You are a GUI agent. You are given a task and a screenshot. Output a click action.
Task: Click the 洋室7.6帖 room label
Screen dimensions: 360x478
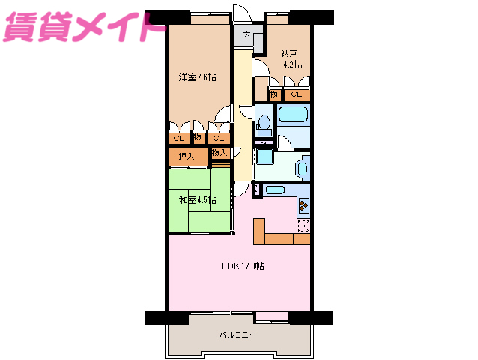(x=197, y=77)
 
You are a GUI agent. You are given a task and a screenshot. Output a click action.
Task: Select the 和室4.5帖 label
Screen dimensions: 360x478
(x=198, y=200)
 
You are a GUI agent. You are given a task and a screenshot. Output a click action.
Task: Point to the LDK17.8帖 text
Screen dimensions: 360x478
(x=243, y=265)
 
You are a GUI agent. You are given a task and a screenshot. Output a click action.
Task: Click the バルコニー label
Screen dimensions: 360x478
(x=238, y=335)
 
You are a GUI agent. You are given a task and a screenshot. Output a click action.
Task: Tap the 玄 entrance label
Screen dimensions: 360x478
(x=246, y=35)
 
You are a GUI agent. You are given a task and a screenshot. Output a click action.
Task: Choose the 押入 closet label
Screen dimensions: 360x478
(x=178, y=157)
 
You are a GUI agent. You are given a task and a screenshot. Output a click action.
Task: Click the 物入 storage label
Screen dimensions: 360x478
(x=219, y=153)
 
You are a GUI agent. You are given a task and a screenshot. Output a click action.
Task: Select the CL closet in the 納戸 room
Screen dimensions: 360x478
(x=297, y=94)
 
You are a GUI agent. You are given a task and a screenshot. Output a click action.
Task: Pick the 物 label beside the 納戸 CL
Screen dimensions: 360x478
(x=274, y=94)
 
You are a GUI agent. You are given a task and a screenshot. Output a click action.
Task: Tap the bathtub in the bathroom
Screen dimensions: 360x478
(x=293, y=116)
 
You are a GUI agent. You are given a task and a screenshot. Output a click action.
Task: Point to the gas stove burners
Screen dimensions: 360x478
(x=303, y=204)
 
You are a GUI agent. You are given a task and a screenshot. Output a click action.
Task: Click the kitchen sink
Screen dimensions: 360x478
(x=273, y=190)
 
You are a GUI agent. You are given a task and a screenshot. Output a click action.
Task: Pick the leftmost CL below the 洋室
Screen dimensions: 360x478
(x=178, y=138)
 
